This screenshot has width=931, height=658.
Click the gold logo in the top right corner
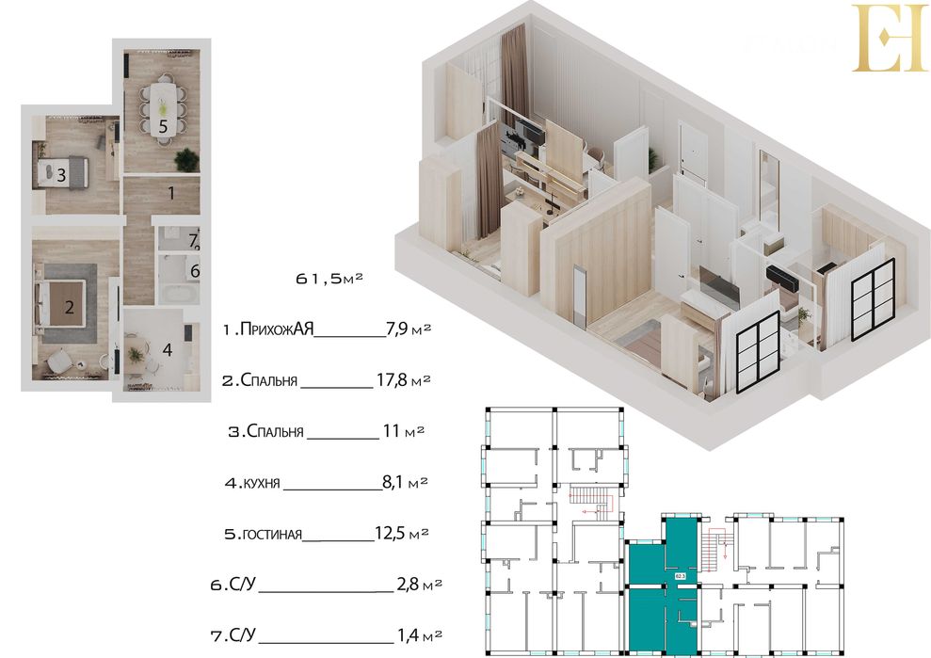(x=890, y=38)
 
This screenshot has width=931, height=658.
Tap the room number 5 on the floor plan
(x=162, y=124)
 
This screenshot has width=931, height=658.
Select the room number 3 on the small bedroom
(x=60, y=174)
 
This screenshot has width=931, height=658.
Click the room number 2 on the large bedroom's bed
(x=69, y=306)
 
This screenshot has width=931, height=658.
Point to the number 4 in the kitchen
(x=167, y=350)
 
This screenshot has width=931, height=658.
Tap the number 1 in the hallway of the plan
(x=170, y=194)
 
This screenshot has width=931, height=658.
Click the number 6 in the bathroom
(x=194, y=272)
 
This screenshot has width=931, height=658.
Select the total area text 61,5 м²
(x=329, y=280)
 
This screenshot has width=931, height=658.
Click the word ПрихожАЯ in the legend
(x=276, y=329)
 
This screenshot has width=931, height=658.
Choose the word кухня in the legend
(x=262, y=484)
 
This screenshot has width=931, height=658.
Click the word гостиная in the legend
(x=272, y=535)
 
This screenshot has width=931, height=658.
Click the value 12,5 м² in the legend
(x=402, y=535)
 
